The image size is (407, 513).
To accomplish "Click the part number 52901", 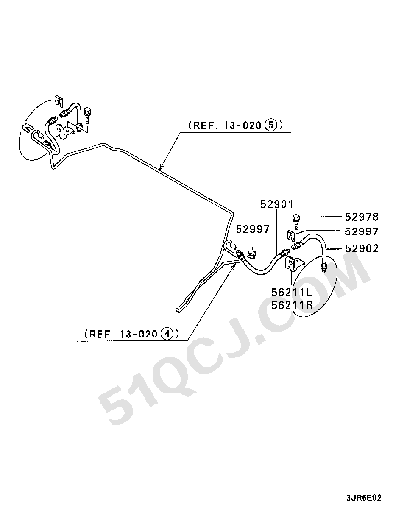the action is point(277,204).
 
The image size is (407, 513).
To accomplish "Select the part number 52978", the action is point(362,217).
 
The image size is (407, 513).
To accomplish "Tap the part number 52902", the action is point(362,248).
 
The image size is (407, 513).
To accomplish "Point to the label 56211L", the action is point(292,293).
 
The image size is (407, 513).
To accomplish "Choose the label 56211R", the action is point(292,305).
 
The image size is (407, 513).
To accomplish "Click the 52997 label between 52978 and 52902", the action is point(362,231).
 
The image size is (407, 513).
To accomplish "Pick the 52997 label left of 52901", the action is point(253,229).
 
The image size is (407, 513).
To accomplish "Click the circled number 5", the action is point(271,125).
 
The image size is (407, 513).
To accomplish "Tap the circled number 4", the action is point(167,334).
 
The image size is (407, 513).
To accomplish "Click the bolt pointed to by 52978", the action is point(295,222).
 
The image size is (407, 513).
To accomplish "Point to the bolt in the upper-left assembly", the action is point(87,116).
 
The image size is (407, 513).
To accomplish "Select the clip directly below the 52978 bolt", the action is point(292,236).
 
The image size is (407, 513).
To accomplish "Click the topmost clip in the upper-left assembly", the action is point(59,102).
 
